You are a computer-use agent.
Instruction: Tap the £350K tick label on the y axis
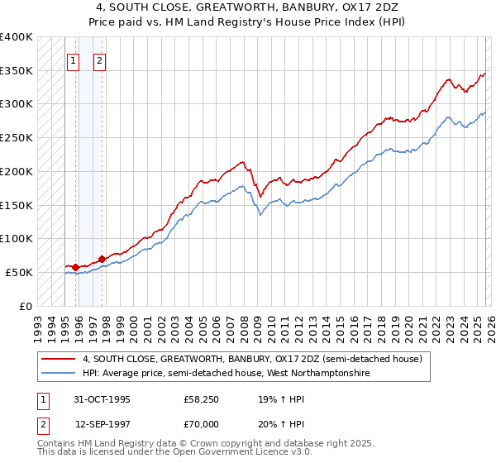point(17,71)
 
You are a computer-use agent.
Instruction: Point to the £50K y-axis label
point(19,272)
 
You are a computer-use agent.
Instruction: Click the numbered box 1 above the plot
point(73,60)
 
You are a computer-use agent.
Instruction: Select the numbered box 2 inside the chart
point(99,60)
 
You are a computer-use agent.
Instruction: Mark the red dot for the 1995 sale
point(76,267)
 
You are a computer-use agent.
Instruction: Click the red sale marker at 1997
point(102,259)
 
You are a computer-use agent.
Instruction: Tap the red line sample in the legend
point(60,360)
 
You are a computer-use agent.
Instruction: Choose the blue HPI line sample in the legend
point(60,373)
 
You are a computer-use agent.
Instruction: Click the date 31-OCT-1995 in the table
point(103,399)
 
